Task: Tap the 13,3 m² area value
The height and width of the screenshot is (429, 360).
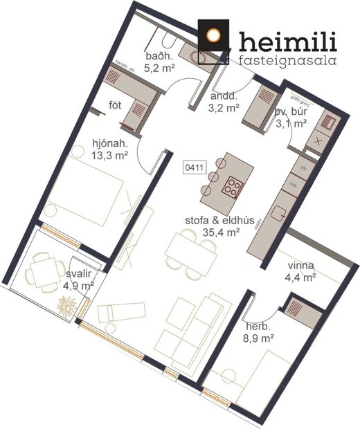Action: click(109, 156)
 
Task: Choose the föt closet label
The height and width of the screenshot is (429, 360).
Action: click(115, 105)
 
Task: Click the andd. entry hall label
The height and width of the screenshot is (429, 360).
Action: click(223, 97)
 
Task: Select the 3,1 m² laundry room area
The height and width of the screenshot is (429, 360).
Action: click(291, 124)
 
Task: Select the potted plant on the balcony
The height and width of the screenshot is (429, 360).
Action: click(67, 305)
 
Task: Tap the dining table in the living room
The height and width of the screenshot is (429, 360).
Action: click(188, 251)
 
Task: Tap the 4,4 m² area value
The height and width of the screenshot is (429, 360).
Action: click(300, 277)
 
